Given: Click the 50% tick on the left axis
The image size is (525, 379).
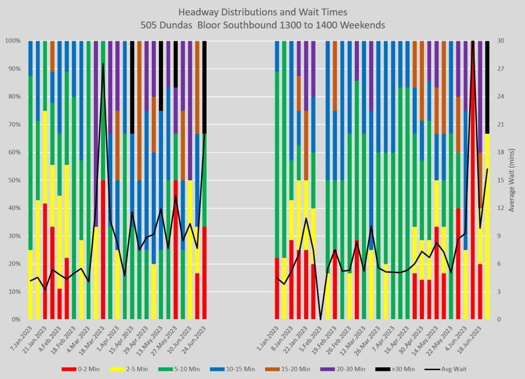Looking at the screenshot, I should tap(13, 180).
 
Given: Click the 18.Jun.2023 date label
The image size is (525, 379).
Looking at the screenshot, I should tap(473, 339).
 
